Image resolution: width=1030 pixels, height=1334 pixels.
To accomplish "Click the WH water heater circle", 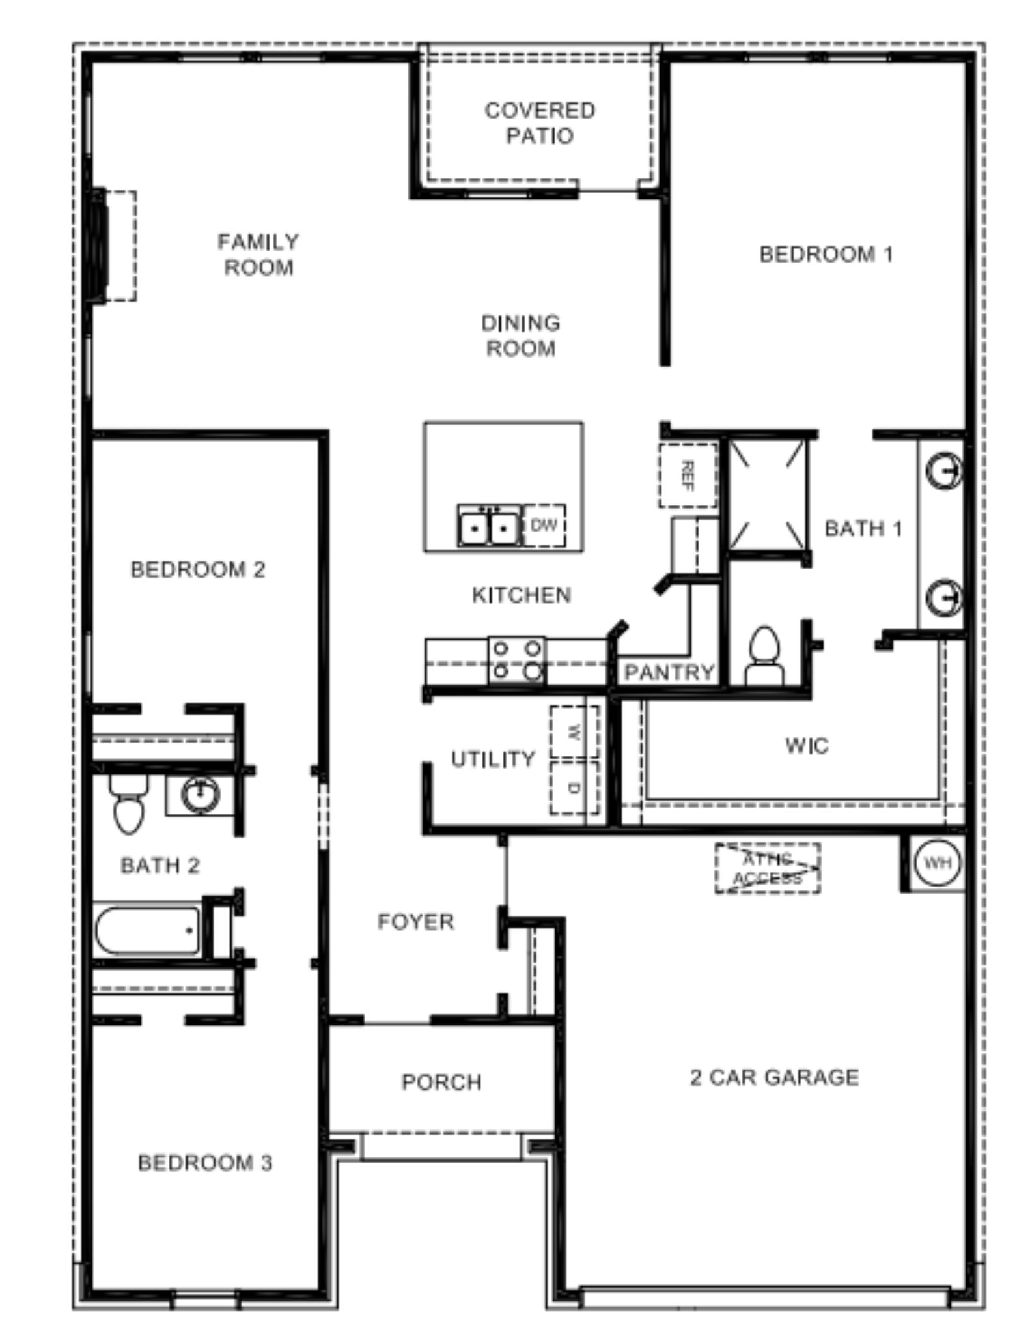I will coord(938,863).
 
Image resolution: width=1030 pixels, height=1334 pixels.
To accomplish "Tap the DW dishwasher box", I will coord(544,525).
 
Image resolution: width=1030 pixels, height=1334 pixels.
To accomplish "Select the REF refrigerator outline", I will coord(688,475).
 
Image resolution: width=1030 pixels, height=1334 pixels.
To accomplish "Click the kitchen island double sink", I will coord(489,527).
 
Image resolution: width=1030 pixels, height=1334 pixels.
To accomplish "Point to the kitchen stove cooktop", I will coord(517,660).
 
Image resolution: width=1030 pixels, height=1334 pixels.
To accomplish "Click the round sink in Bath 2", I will coord(201,794).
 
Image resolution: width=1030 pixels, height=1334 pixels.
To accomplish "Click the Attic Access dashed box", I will coord(768,868).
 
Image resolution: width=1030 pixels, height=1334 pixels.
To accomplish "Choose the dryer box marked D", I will coord(574,787).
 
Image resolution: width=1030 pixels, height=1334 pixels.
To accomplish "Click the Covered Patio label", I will coord(540,123).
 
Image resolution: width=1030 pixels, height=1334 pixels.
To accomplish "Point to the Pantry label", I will coord(669,672).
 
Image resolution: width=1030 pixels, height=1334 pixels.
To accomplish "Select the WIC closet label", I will coord(807,745).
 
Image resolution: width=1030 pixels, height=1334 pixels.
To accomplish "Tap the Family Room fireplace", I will coord(114,246).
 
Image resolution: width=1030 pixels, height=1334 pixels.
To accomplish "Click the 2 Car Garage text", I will coord(774,1078).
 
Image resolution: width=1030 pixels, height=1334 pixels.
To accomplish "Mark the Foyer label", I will coord(415,922).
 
